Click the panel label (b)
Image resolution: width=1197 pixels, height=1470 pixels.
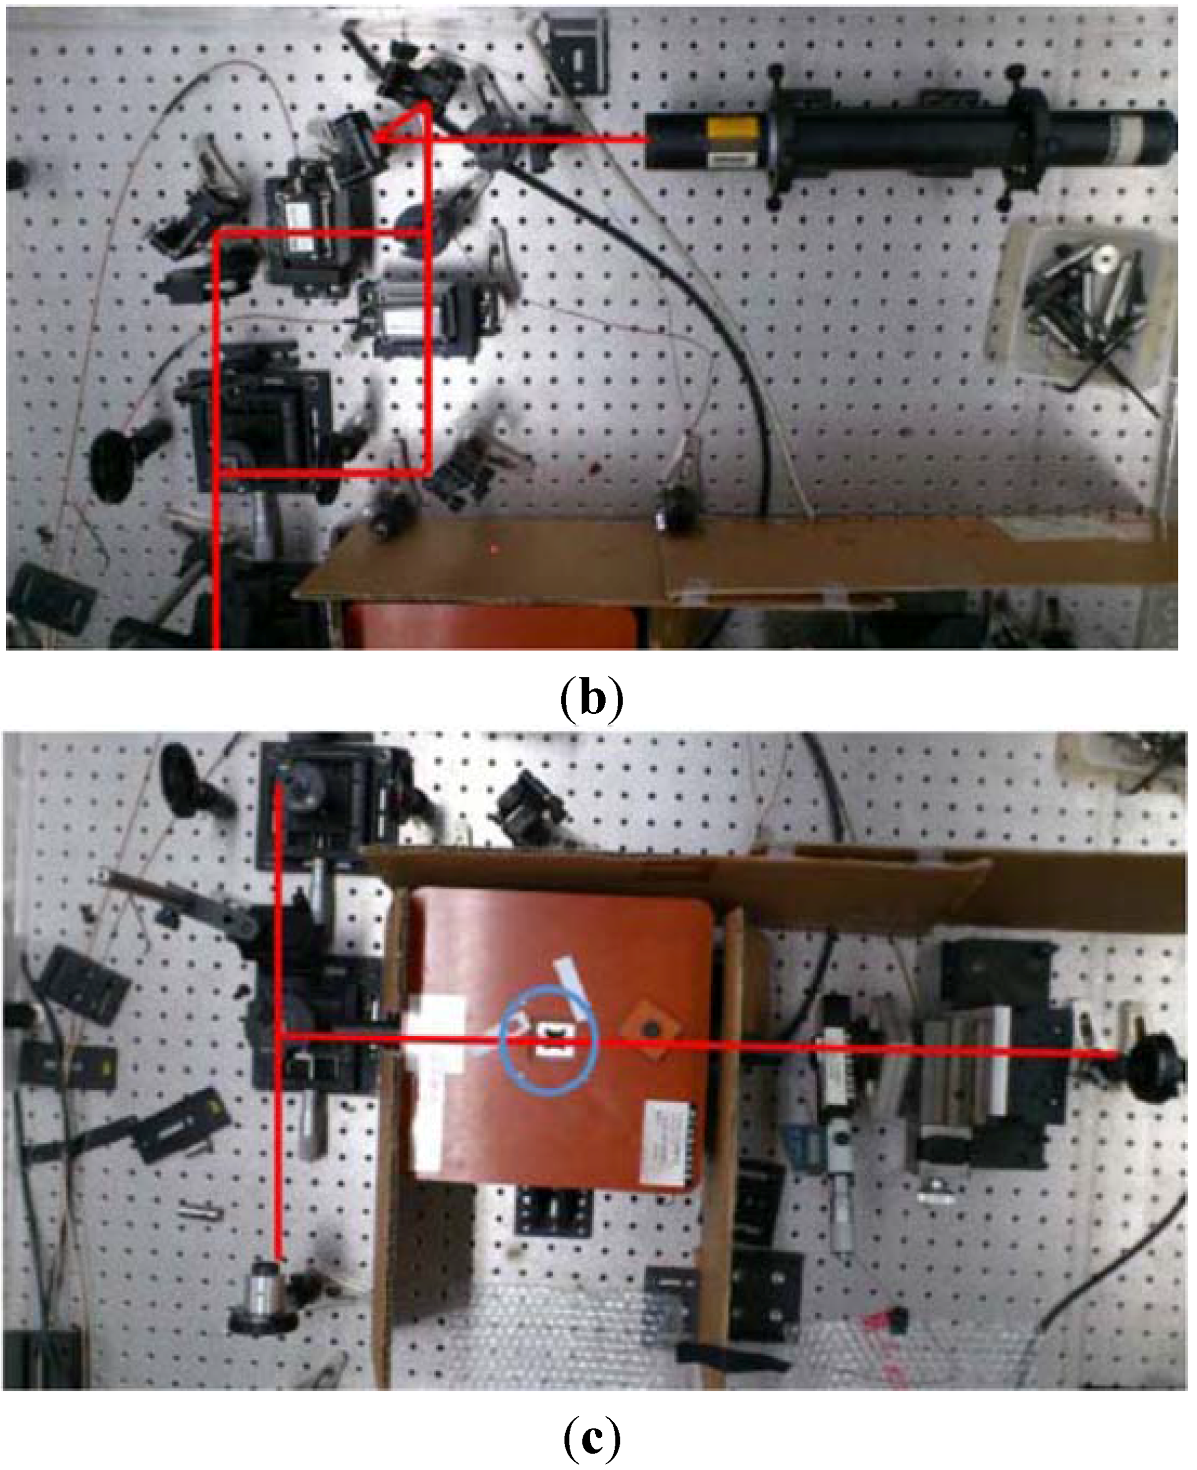[x=591, y=700]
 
